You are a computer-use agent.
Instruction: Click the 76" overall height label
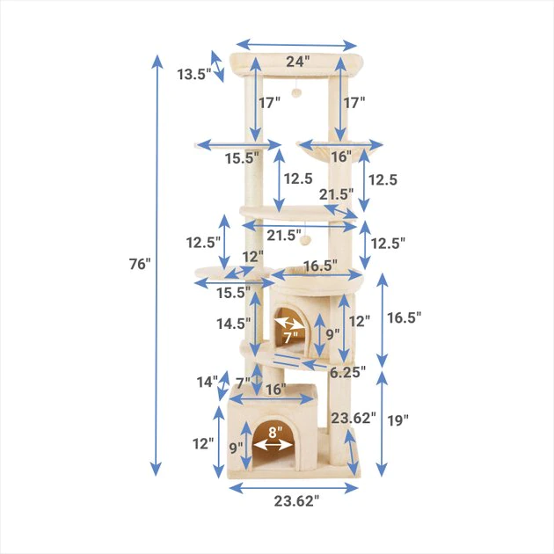coord(139,264)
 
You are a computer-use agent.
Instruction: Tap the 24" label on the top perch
coord(297,62)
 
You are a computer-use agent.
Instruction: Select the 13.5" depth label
coord(193,75)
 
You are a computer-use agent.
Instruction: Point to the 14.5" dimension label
coord(234,324)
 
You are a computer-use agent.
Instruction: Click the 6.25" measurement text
coord(348,372)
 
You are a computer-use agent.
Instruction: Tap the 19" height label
coord(397,420)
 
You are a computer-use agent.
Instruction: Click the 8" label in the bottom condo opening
coord(274,432)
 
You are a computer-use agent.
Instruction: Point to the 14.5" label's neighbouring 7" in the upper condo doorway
coord(291,335)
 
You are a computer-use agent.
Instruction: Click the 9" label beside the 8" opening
coord(236,447)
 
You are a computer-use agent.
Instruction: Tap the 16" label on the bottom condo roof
coord(274,389)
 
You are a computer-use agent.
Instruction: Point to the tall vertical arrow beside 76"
coord(157,264)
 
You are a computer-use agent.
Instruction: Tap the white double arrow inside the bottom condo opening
coord(273,445)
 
